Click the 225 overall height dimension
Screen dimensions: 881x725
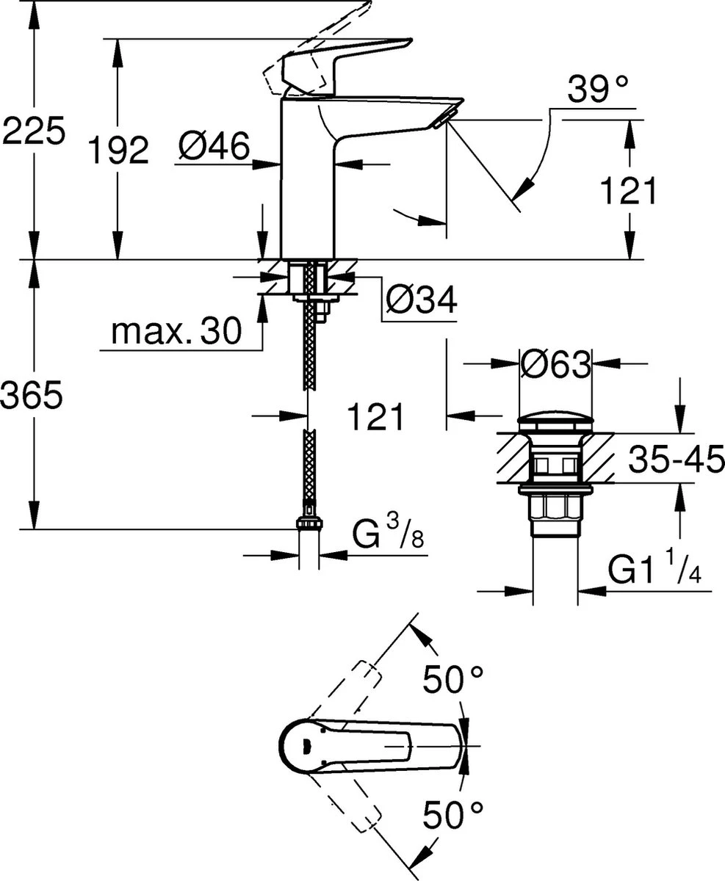(x=34, y=131)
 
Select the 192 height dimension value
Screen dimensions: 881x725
(x=118, y=151)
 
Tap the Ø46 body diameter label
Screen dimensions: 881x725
(x=214, y=148)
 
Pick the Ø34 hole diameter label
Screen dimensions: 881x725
(x=421, y=300)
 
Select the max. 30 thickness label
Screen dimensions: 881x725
(x=176, y=333)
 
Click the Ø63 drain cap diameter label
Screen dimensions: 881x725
(x=555, y=363)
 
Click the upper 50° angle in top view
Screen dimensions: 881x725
(x=452, y=680)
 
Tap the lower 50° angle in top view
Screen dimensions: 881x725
(x=452, y=814)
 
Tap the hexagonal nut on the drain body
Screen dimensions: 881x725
(x=555, y=508)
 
